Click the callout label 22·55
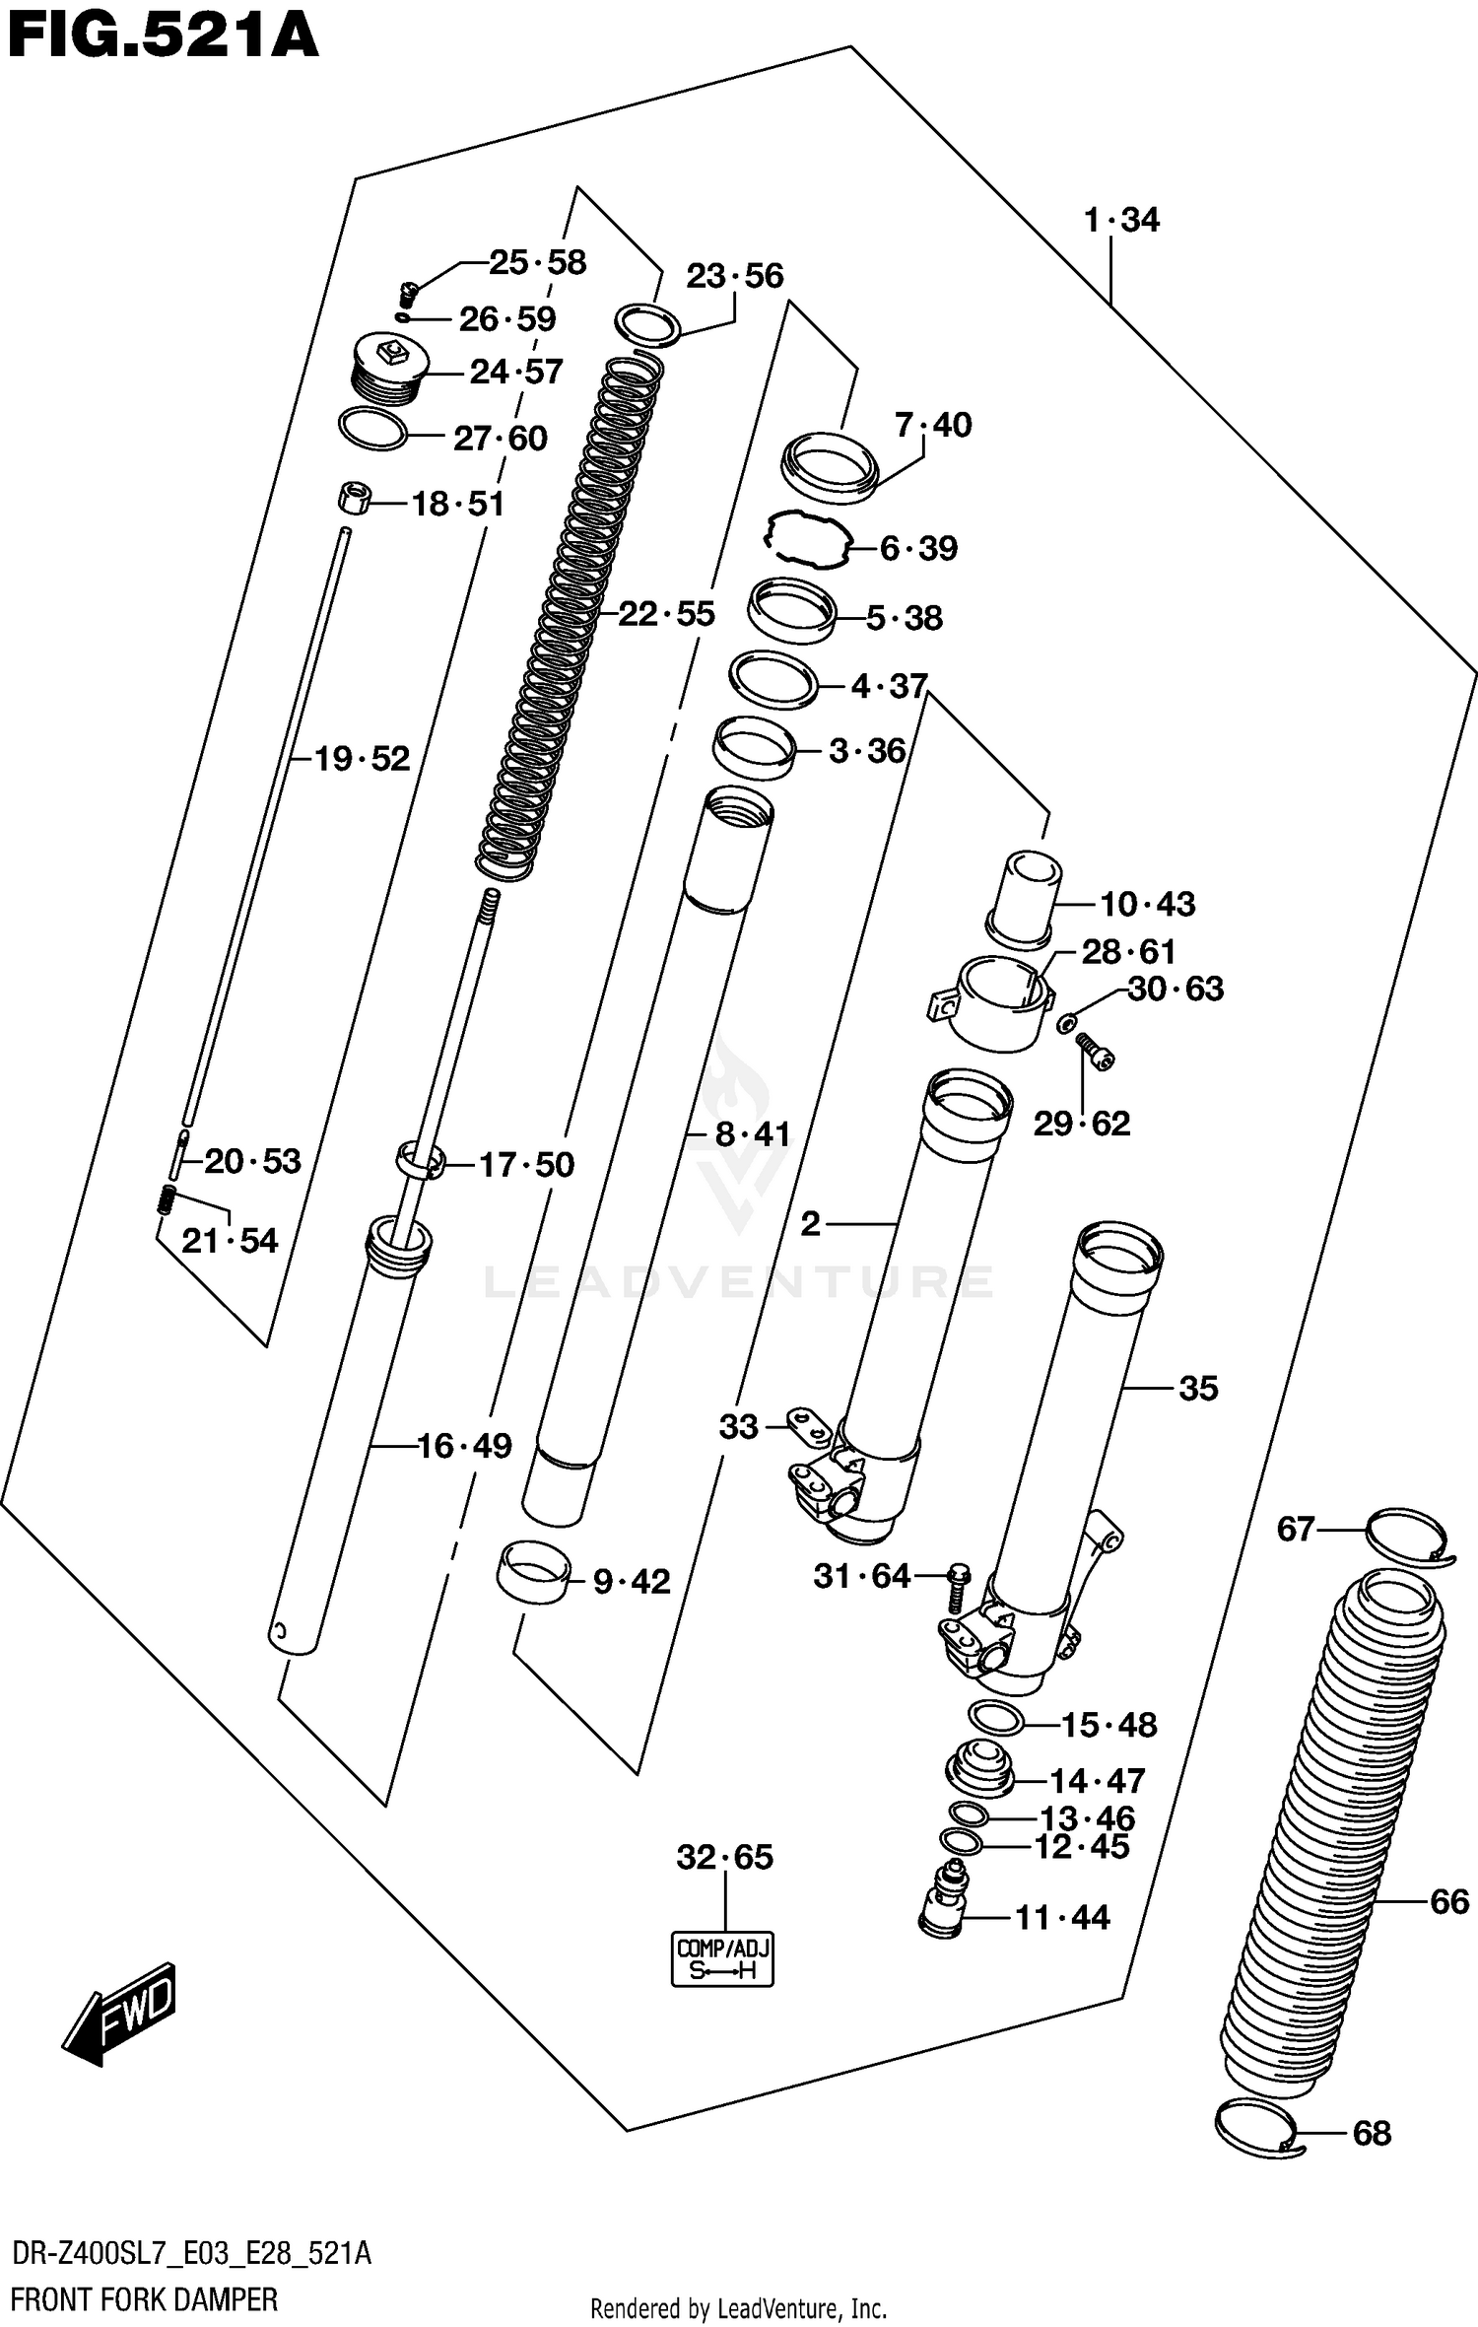[x=666, y=614]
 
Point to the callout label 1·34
[x=1121, y=220]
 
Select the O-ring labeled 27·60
[x=372, y=430]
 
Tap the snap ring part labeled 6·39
[x=807, y=538]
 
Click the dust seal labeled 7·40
[x=829, y=464]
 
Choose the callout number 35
[x=1198, y=1389]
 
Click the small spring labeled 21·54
[x=168, y=1199]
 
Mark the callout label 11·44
[x=1062, y=1917]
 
